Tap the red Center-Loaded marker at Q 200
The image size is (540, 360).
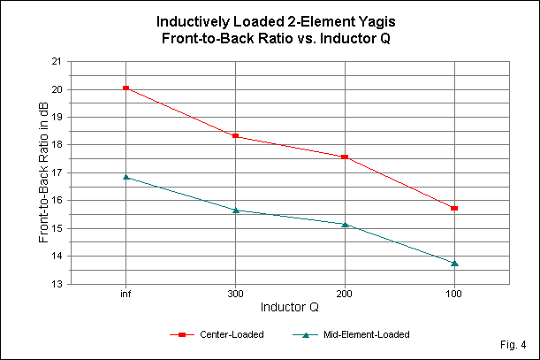pos(345,157)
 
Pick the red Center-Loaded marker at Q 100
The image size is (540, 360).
pos(454,208)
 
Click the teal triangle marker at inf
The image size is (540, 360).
pos(126,177)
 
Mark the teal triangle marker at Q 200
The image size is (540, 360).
pos(345,224)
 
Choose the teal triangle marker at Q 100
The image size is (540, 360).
pos(454,263)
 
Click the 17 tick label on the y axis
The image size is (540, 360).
pos(57,172)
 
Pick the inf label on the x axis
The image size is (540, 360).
pos(126,293)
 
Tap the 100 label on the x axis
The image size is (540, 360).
pos(454,293)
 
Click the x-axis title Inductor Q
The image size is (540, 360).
pos(290,308)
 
